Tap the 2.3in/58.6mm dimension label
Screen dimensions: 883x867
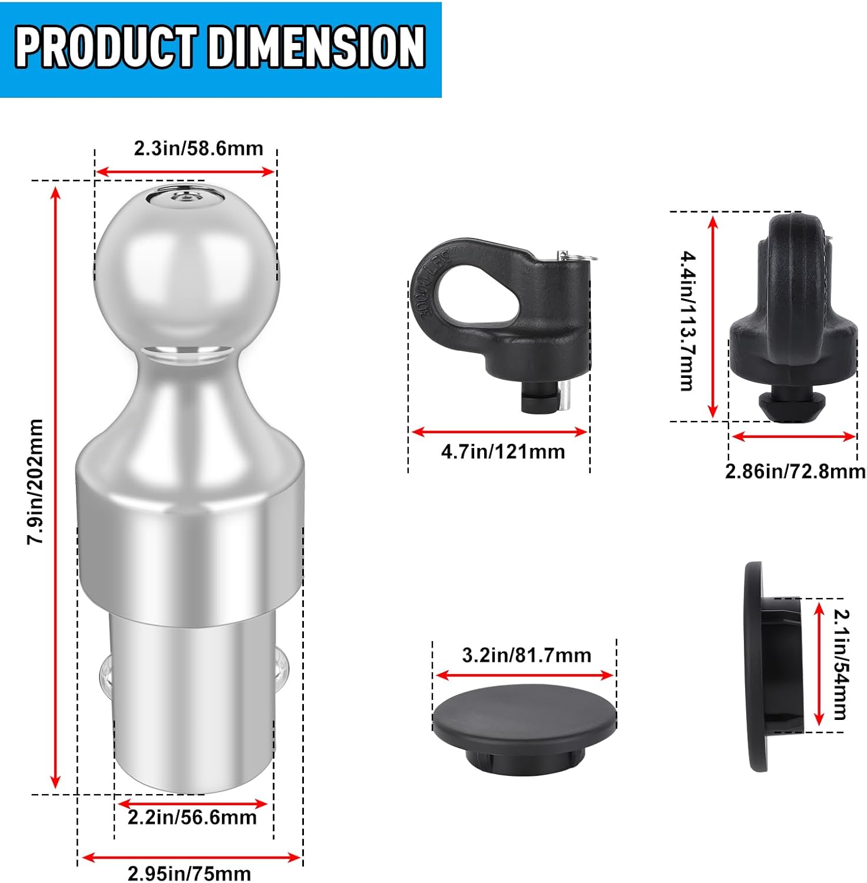(198, 148)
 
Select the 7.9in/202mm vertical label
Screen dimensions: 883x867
(35, 482)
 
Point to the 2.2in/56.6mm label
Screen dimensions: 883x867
(192, 818)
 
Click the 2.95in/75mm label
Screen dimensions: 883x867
(189, 873)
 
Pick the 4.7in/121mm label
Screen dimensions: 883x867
(502, 452)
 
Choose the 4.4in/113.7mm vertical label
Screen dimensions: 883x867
(688, 321)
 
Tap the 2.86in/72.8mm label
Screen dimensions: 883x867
(795, 472)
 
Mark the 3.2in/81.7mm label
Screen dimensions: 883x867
(526, 655)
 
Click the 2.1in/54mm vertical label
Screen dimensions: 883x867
(841, 664)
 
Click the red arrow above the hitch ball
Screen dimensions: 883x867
(185, 172)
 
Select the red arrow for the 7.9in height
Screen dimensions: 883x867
(56, 487)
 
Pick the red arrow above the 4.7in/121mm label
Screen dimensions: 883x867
(499, 432)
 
